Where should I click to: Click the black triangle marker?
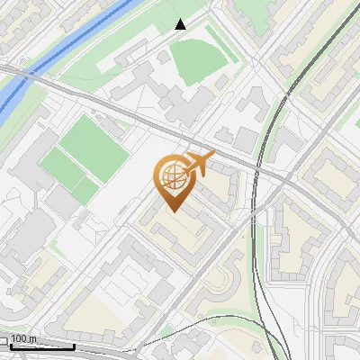(x=181, y=24)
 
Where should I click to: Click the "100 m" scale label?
(x=22, y=339)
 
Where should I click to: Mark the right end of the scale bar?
(x=74, y=346)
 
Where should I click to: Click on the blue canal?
(x=72, y=45)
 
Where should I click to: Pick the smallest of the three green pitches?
(x=85, y=189)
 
